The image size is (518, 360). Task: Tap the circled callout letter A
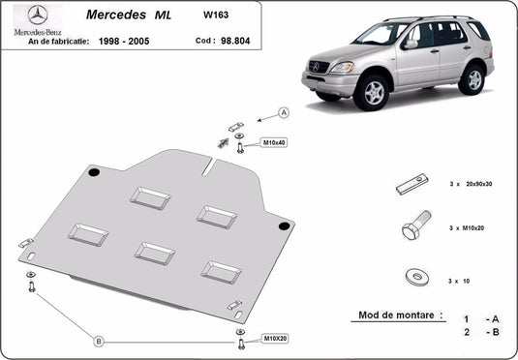[284, 113]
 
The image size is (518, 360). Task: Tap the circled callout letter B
[99, 341]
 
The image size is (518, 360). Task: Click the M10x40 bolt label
[273, 143]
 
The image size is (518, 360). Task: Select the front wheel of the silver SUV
[371, 93]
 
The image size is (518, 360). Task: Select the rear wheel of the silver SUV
[471, 77]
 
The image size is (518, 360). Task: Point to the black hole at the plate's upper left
[93, 172]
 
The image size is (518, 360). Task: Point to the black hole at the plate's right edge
[284, 225]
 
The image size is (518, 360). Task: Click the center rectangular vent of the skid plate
[155, 253]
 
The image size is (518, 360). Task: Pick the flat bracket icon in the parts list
[413, 184]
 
